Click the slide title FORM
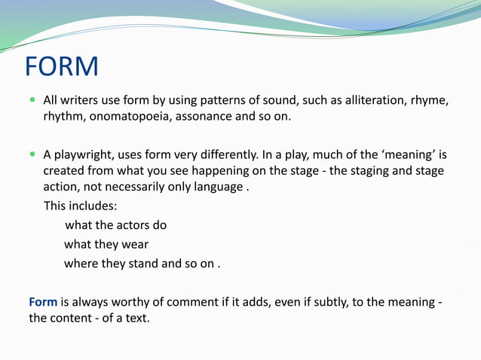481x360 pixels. pyautogui.click(x=62, y=66)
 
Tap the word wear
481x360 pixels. pyautogui.click(x=134, y=244)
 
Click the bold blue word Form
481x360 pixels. pyautogui.click(x=43, y=302)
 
